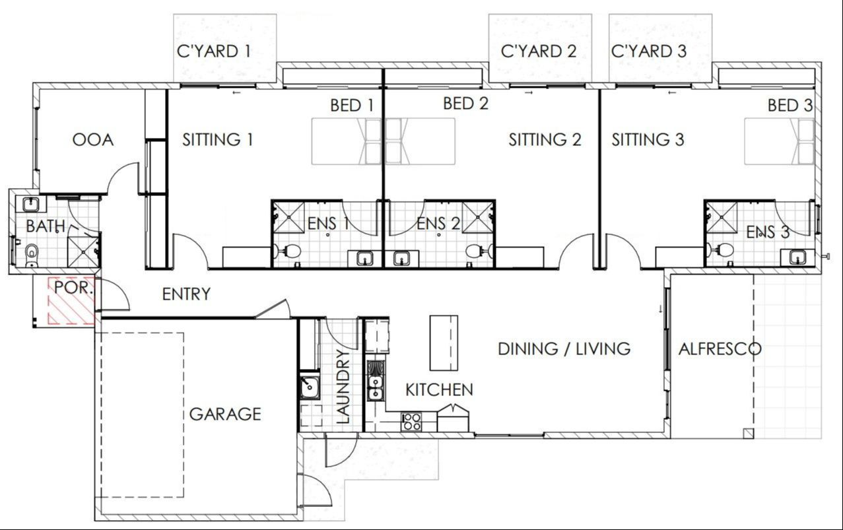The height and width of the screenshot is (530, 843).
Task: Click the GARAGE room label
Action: pos(225,414)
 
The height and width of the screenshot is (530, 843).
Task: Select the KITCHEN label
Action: pos(439,389)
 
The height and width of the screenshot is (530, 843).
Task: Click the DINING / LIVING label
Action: pos(564,348)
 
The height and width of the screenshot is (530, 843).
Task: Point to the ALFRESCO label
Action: pos(720,348)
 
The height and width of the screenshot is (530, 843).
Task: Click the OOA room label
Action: pos(92,140)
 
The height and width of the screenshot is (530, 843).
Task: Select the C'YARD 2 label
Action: pos(539,51)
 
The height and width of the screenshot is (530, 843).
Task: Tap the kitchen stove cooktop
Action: pos(412,421)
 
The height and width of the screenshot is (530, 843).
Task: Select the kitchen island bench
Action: pos(444,343)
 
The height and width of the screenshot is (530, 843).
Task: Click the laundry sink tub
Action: pos(308,387)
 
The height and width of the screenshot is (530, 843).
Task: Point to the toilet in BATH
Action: pos(30,253)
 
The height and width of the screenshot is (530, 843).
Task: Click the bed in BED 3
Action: pos(779,141)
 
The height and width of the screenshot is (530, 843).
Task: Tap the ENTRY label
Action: pos(186,294)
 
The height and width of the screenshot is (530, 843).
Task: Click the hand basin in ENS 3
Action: pos(796,257)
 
